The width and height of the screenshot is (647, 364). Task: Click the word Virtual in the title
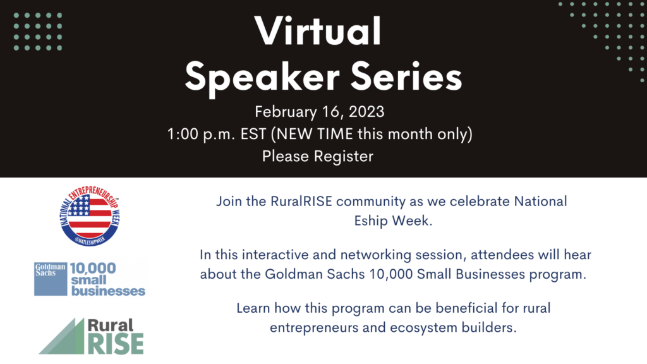pyautogui.click(x=318, y=31)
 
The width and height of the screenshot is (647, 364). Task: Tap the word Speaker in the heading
pyautogui.click(x=262, y=77)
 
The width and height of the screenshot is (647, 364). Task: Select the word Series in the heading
pyautogui.click(x=406, y=76)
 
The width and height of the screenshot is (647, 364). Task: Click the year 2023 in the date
pyautogui.click(x=366, y=111)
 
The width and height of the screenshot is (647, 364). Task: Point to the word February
pyautogui.click(x=285, y=112)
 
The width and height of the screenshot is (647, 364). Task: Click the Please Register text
pyautogui.click(x=318, y=156)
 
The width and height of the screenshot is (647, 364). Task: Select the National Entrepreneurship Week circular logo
pyautogui.click(x=90, y=215)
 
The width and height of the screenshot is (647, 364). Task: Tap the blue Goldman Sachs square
pyautogui.click(x=51, y=279)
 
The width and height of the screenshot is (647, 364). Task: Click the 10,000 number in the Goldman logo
pyautogui.click(x=93, y=268)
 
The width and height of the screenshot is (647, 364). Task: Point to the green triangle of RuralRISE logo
pyautogui.click(x=62, y=336)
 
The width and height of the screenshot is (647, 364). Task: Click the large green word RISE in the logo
pyautogui.click(x=116, y=343)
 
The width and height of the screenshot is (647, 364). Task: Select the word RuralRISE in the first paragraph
pyautogui.click(x=301, y=202)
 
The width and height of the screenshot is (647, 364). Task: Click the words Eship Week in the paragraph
pyautogui.click(x=393, y=221)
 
